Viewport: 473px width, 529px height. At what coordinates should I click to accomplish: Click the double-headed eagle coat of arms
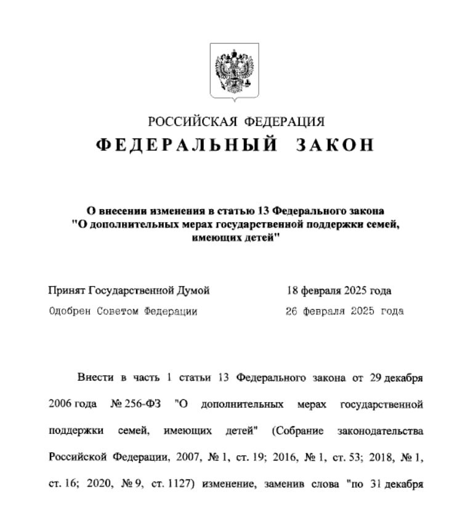click(234, 71)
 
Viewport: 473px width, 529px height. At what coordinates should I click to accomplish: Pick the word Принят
click(67, 291)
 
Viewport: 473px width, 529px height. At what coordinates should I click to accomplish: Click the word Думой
click(194, 291)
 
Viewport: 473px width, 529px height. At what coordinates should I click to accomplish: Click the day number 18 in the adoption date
click(293, 291)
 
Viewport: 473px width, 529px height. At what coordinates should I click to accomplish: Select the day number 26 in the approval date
click(292, 311)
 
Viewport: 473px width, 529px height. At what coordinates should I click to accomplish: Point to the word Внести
click(94, 378)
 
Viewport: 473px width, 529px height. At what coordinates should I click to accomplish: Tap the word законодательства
click(385, 431)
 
